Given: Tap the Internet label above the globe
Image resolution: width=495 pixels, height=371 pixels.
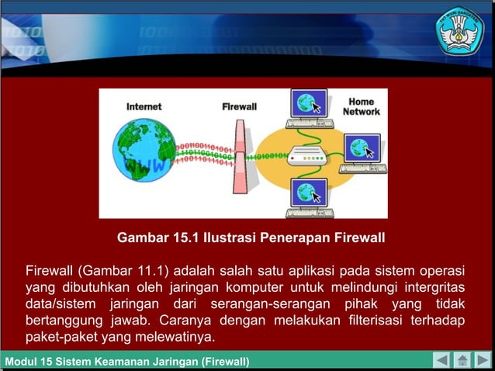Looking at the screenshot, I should click(x=144, y=106).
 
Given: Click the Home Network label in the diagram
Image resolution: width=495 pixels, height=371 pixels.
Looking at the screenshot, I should click(x=362, y=106).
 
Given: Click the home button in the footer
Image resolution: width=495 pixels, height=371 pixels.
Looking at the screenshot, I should click(x=462, y=361).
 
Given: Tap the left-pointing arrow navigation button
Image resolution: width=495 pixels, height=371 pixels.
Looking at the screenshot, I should click(x=441, y=361).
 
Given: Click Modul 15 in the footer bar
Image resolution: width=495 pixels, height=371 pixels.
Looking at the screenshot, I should click(x=27, y=362).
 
